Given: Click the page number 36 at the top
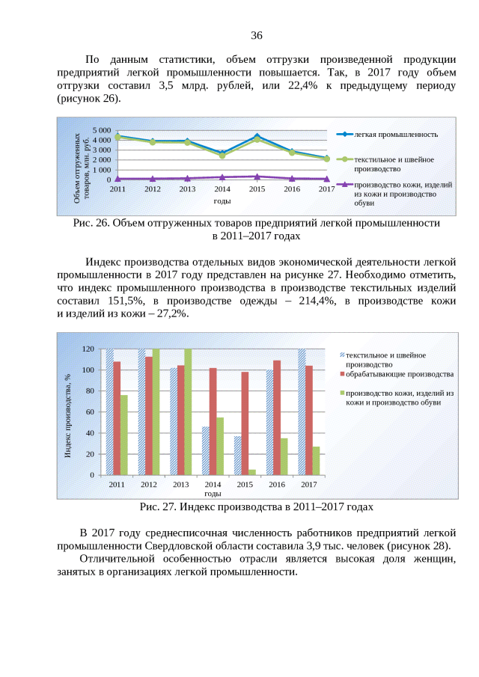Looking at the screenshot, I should click(x=256, y=35).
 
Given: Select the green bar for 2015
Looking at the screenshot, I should click(x=252, y=471).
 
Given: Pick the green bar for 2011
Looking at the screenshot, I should click(x=124, y=435).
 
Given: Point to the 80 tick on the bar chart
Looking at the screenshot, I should click(x=88, y=390).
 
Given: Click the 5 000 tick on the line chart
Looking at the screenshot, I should click(x=100, y=130).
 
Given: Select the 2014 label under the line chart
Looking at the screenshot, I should click(x=222, y=189).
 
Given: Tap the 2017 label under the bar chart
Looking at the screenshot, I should click(x=308, y=485).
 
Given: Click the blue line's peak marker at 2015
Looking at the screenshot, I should click(x=257, y=136).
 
